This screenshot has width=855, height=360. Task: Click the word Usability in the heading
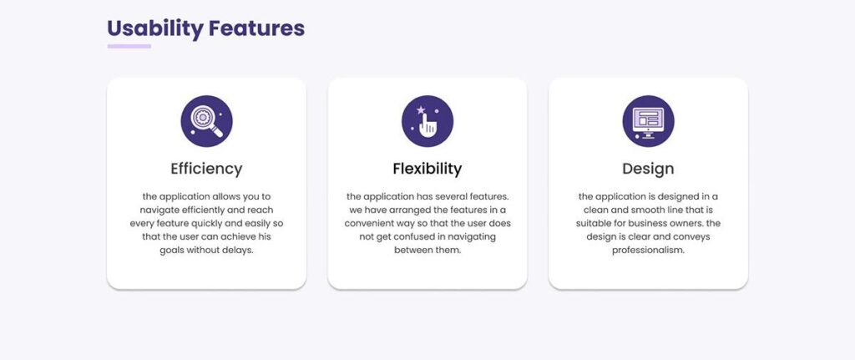coord(154,29)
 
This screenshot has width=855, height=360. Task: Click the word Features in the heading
coord(256,28)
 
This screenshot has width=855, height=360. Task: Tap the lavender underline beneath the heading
coord(129,47)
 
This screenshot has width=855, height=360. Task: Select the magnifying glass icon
coord(207,121)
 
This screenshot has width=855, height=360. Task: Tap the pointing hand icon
coord(427,121)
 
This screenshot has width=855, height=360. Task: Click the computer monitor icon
coord(648,121)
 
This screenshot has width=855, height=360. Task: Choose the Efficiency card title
coord(207,169)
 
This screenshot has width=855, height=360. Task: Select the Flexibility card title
coord(427,169)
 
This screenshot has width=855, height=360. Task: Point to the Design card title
coord(648,169)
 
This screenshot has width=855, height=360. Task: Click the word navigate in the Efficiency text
coord(158,210)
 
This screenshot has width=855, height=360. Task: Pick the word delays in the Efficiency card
coord(240,251)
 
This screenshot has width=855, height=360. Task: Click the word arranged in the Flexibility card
coord(405,210)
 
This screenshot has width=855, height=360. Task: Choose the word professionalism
coord(648,251)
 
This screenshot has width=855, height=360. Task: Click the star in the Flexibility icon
coord(421,110)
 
